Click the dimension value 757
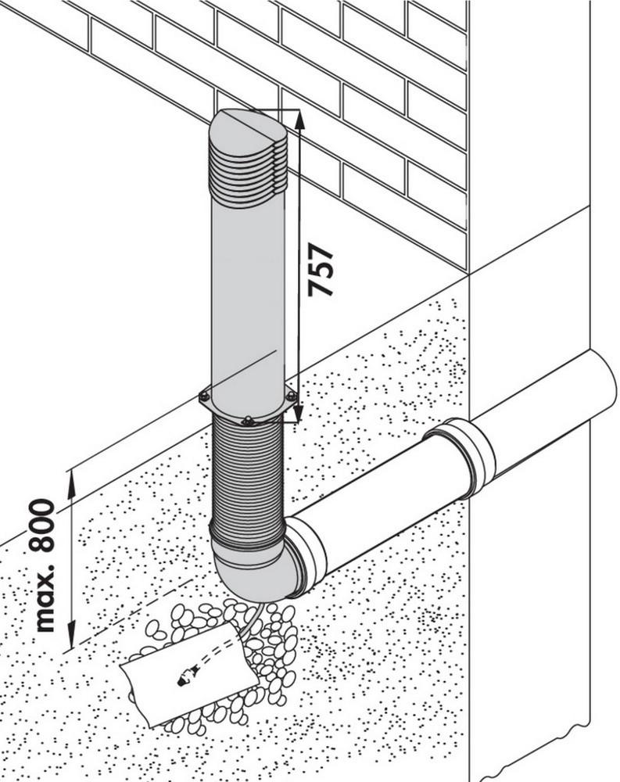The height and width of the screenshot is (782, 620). [321, 269]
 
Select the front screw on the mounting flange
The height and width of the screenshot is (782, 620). [248, 422]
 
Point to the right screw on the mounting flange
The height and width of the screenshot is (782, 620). [291, 396]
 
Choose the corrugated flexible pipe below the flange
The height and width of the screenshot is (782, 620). [248, 477]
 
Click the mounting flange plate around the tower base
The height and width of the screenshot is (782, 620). [227, 410]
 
